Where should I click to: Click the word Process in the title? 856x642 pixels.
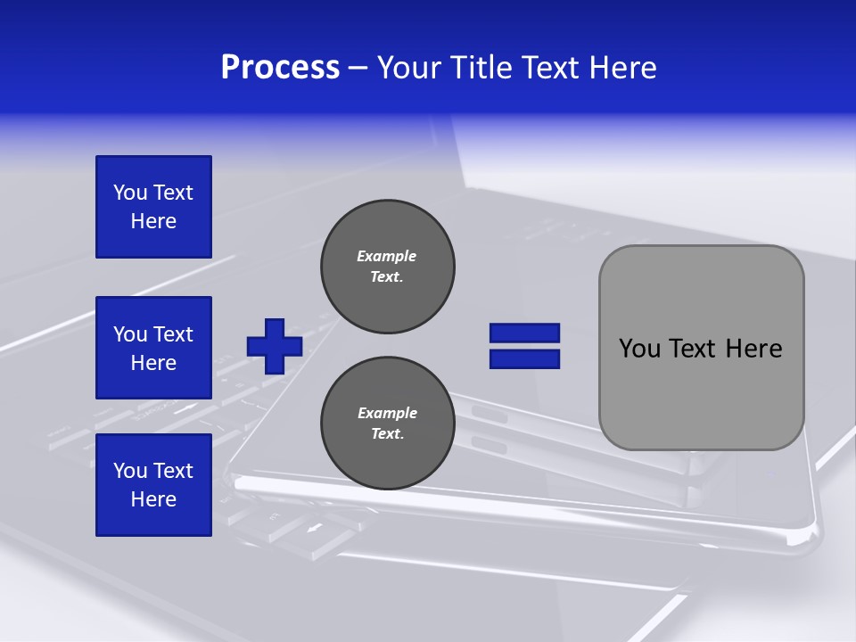coord(280,68)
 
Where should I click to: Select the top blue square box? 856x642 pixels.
coord(153,207)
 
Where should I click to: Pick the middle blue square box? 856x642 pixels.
coord(153,348)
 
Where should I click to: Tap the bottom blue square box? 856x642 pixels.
coord(153,485)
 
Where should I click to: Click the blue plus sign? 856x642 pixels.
coord(275,346)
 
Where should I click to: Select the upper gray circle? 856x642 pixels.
coord(388,267)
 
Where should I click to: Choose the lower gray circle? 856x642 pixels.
coord(388,424)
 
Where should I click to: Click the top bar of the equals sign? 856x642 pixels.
coord(525,333)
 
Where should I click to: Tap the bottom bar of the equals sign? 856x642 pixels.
coord(525,358)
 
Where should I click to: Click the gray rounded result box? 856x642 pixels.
coord(702,348)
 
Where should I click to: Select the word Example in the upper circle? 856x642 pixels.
coord(386,256)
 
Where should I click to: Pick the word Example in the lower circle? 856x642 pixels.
coord(387,413)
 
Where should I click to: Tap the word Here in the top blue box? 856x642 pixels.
coord(153,221)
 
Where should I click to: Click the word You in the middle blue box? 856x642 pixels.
coord(129,334)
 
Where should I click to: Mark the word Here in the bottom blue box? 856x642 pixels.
coord(153,499)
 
